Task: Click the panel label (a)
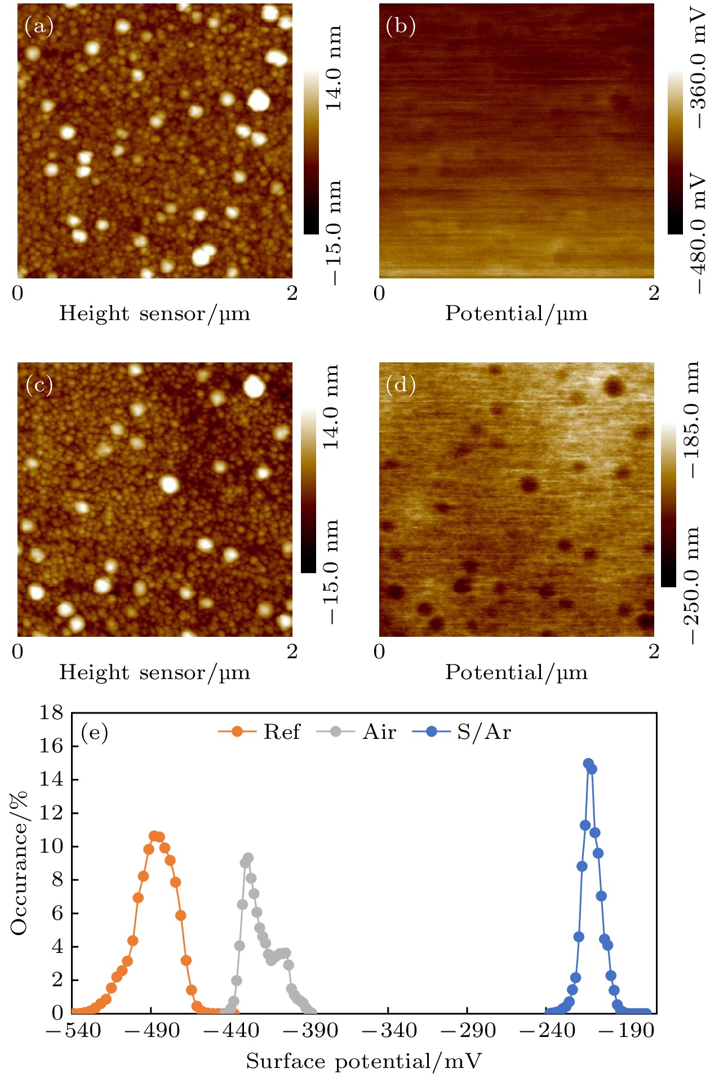[x=39, y=26]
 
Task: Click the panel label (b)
[x=401, y=26]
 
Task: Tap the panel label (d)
[x=401, y=385]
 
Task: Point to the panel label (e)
[x=95, y=732]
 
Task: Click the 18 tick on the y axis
[x=51, y=713]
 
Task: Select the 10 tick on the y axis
[x=51, y=846]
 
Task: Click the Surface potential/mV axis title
[x=364, y=1062]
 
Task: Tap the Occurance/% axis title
[x=19, y=863]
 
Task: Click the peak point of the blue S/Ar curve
[x=588, y=764]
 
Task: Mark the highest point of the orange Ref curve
[x=154, y=835]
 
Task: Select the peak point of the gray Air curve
[x=248, y=858]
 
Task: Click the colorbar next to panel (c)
[x=309, y=491]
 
